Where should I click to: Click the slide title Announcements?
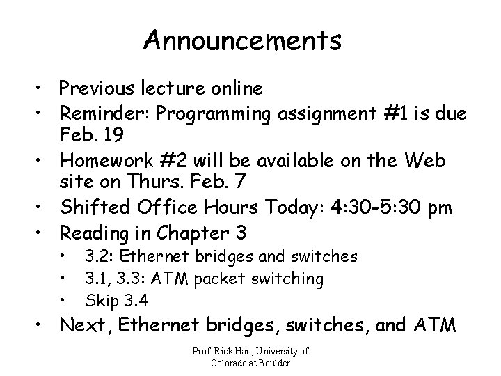click(242, 40)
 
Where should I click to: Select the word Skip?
click(98, 301)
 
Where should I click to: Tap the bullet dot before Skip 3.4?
click(63, 301)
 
